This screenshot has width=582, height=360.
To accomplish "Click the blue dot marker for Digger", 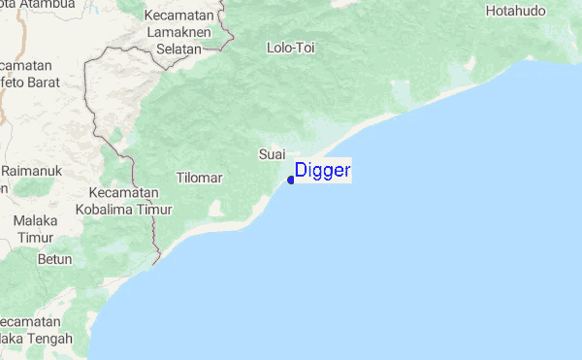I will [291, 180].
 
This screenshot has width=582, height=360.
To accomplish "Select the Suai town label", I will [272, 154].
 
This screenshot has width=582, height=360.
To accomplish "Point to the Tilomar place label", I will [200, 179].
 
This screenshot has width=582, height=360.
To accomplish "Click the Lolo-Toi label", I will [290, 47].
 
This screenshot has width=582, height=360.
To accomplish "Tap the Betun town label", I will [54, 260].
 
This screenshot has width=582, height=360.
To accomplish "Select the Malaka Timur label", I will [35, 230].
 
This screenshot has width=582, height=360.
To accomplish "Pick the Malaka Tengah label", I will [35, 331].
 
